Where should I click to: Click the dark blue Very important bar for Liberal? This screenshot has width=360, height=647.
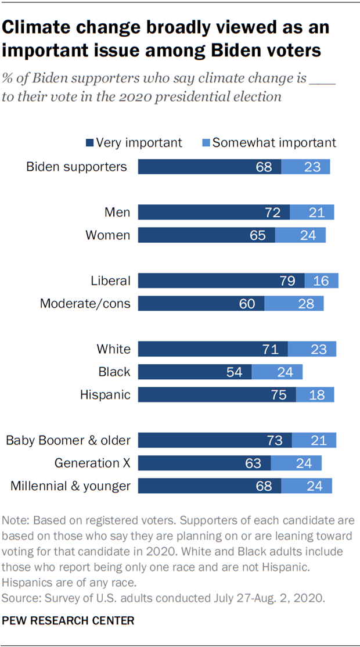(221, 281)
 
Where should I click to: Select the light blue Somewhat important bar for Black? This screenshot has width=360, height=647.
(277, 372)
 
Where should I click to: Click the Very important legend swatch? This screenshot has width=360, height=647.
(89, 143)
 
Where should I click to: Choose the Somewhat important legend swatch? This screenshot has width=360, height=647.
(206, 143)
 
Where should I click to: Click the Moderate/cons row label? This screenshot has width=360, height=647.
(85, 304)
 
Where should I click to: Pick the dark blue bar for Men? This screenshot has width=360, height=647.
(213, 213)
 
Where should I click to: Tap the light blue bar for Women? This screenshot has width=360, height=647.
(300, 235)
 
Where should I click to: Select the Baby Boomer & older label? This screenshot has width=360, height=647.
(68, 440)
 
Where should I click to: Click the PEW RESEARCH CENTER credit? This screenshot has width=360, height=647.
(69, 621)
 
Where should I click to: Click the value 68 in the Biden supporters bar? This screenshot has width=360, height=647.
(264, 167)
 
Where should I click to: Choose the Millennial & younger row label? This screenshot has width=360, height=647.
(70, 486)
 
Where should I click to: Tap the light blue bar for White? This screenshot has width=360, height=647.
(312, 349)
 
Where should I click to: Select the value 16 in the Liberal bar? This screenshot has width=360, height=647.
(321, 281)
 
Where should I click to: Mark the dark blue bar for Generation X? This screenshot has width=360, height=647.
(204, 463)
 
